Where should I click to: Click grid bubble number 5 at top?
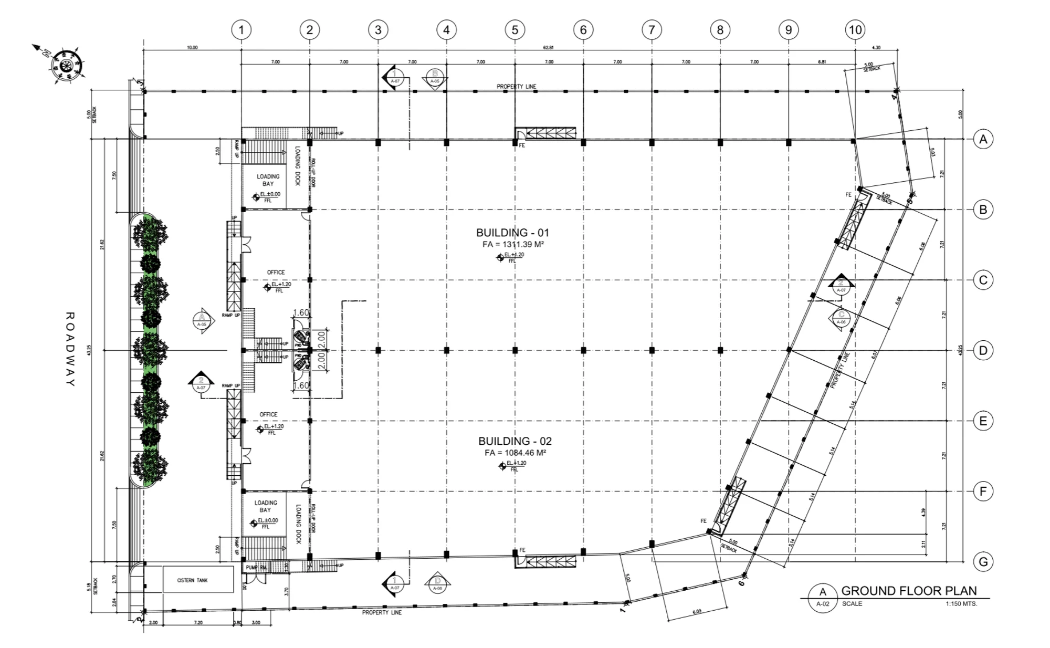[x=514, y=30]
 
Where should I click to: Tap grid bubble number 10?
[x=855, y=30]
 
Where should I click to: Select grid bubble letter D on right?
[x=983, y=350]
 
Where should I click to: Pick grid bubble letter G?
[x=983, y=562]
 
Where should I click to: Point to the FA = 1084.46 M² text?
[x=515, y=453]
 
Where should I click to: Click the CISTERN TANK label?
[x=192, y=580]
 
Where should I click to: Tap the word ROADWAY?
[x=70, y=349]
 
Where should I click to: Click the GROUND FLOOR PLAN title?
[x=909, y=591]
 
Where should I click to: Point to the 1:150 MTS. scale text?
[x=961, y=604]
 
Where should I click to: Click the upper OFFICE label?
[x=276, y=272]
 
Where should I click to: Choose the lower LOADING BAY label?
[x=266, y=506]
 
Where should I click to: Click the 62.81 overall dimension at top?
[x=548, y=48]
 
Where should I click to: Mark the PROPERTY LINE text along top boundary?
[x=517, y=86]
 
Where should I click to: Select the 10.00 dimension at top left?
[x=192, y=48]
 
